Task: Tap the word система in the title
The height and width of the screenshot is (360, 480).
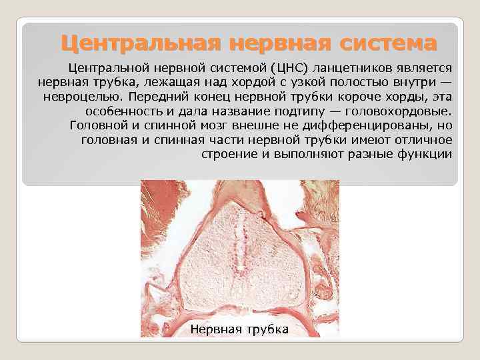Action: tap(387, 44)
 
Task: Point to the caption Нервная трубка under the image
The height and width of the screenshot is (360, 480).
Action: tap(239, 329)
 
